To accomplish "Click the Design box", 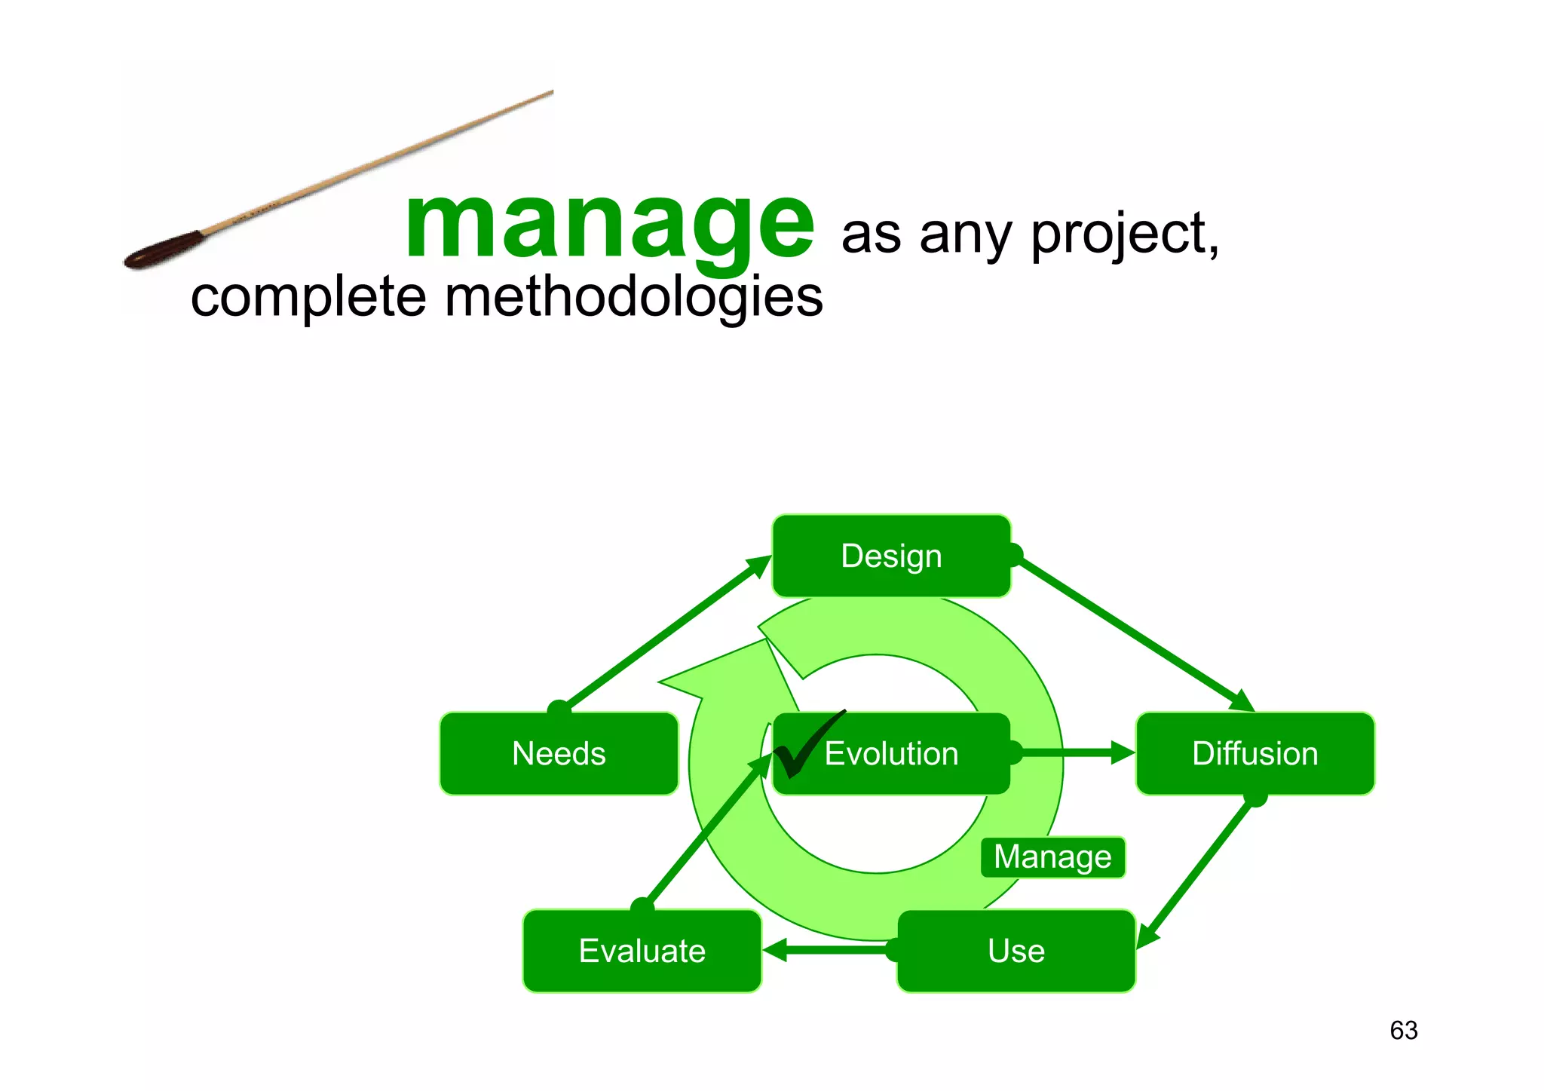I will pyautogui.click(x=891, y=556).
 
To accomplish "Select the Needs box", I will pyautogui.click(x=559, y=754).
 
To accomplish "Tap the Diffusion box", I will pyautogui.click(x=1254, y=754).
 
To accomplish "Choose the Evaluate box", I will pyautogui.click(x=642, y=951).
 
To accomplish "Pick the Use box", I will pyautogui.click(x=1016, y=951).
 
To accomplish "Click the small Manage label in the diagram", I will pyautogui.click(x=1052, y=857).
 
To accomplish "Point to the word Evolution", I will pyautogui.click(x=891, y=754).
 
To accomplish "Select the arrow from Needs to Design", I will pyautogui.click(x=663, y=633).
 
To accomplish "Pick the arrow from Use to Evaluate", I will pyautogui.click(x=829, y=950).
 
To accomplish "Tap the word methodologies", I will pyautogui.click(x=633, y=296).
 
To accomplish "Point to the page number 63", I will pyautogui.click(x=1403, y=1031).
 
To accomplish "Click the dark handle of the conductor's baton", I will pyautogui.click(x=163, y=251).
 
